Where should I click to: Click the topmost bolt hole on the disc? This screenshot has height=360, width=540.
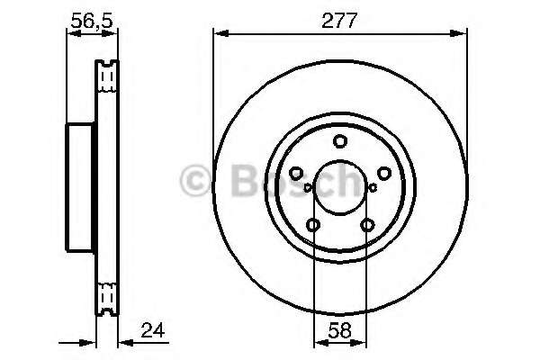339,141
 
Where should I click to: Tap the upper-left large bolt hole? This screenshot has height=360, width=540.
296,173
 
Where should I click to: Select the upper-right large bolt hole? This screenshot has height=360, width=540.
383,173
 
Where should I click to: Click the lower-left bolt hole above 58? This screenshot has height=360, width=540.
313,225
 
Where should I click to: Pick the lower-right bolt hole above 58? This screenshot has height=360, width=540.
366,225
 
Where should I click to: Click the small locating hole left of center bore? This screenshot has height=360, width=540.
308,188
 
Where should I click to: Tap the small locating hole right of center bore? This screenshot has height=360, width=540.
372,188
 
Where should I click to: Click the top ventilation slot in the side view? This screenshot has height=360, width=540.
107,76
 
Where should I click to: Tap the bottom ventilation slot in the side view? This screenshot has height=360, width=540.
107,298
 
